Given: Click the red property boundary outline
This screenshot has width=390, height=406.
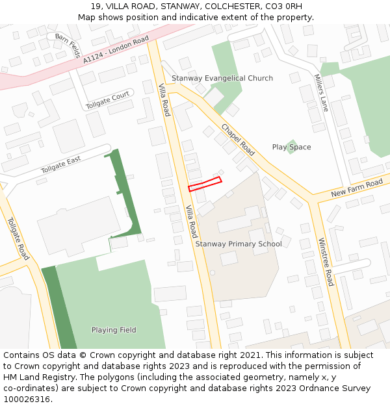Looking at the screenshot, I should click(x=205, y=184).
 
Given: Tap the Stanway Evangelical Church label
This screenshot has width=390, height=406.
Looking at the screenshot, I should click(x=222, y=79).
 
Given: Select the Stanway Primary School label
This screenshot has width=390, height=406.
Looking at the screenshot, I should click(x=239, y=244).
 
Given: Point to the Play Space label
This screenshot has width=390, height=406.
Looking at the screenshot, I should click(x=291, y=147).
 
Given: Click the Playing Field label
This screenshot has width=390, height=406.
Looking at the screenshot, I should click(x=114, y=330).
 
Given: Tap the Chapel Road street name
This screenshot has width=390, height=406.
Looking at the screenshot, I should click(x=238, y=139).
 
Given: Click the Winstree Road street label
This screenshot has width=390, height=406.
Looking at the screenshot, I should click(x=326, y=262).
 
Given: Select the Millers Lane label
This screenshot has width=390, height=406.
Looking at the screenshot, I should click(x=321, y=92).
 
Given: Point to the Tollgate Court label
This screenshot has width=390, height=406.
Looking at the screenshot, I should click(x=108, y=101).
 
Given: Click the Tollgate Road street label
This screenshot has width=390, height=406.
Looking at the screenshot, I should click(x=18, y=238).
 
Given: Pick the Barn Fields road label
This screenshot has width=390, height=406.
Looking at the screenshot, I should click(x=67, y=45).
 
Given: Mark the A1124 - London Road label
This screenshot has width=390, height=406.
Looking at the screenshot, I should click(x=116, y=50).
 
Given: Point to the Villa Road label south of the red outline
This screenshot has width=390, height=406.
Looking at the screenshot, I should click(x=192, y=222).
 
